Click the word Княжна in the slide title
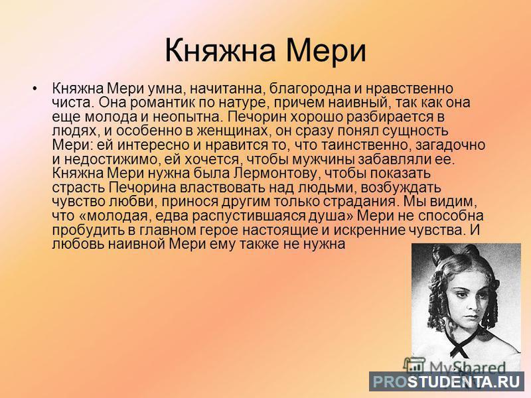220,50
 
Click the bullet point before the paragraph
35,89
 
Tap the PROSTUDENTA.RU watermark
446,381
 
